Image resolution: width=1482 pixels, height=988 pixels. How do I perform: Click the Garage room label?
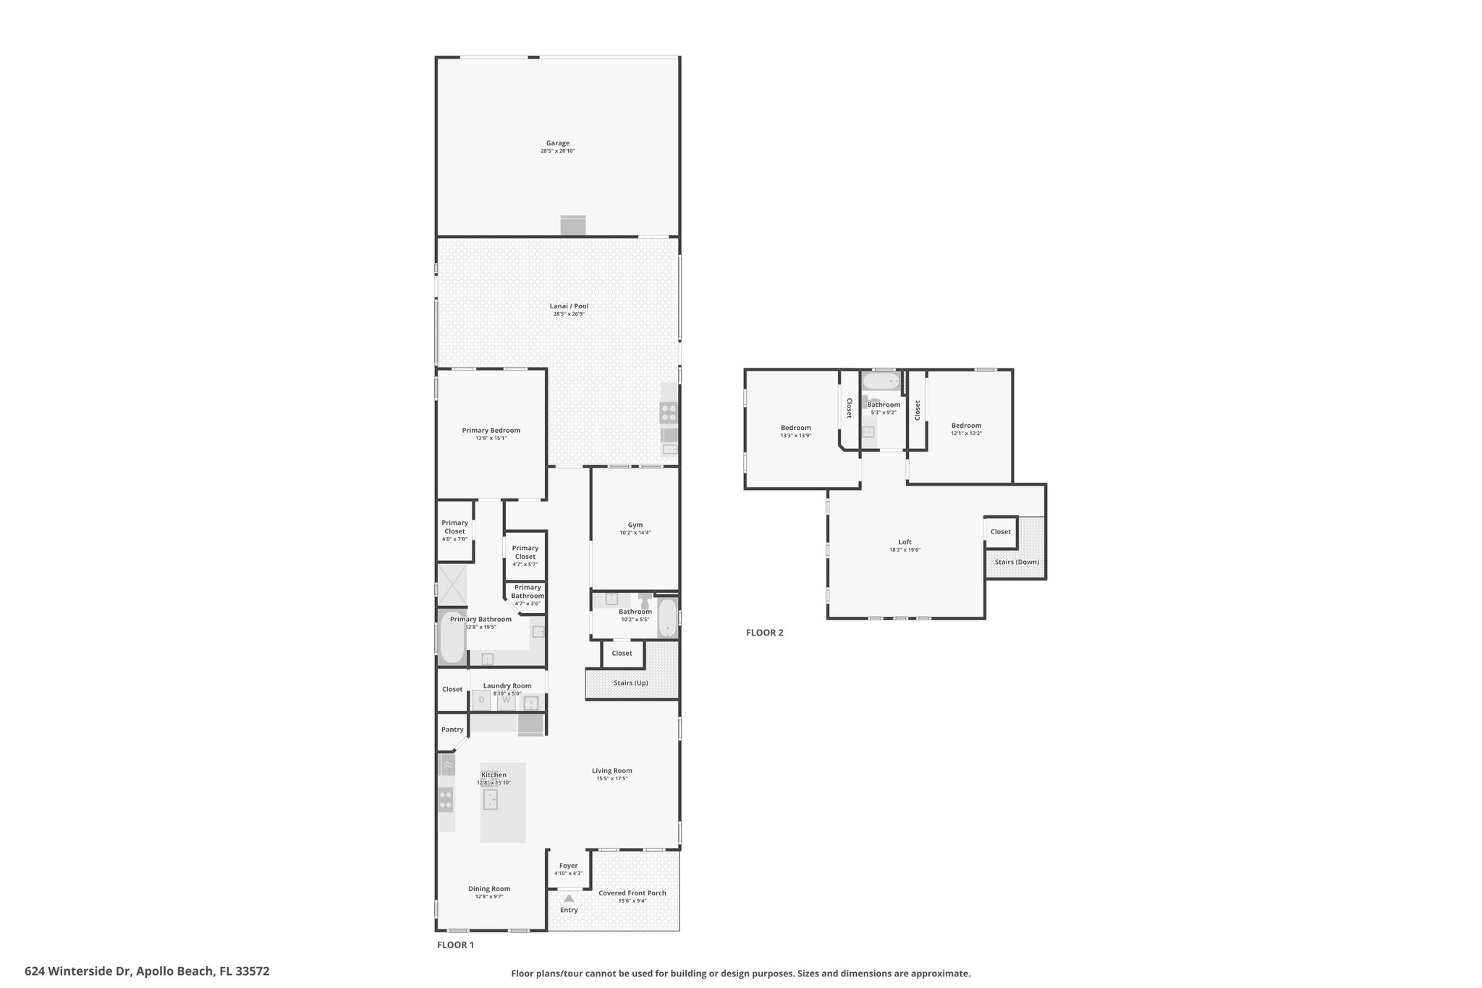pos(557,143)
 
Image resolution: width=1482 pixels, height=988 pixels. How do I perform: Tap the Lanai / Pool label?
pos(569,306)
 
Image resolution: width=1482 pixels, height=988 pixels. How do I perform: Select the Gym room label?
pos(635,525)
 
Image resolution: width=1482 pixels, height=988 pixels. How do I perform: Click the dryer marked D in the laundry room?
pos(481,700)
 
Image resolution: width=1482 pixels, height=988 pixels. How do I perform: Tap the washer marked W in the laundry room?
pos(507,700)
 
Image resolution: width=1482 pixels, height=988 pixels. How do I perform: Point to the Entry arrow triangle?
pos(569,898)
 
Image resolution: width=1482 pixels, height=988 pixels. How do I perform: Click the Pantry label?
pos(452,730)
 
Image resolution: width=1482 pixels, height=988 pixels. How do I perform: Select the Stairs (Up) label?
pos(630,683)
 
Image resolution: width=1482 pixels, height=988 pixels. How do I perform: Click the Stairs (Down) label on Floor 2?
pos(1016,562)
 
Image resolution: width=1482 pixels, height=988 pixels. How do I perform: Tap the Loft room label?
pos(905,542)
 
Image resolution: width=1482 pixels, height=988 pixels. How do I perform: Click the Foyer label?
pos(568,866)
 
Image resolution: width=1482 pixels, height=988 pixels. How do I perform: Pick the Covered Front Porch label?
pos(632,893)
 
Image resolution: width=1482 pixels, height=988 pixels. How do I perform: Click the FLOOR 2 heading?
pos(764,633)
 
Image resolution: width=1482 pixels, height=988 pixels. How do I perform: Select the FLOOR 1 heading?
pos(455,945)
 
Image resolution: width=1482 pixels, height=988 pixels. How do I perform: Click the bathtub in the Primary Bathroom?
pos(452,638)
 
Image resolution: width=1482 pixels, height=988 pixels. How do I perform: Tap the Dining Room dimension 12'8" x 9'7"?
pos(489,897)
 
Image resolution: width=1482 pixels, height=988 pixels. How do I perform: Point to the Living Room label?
pos(611,771)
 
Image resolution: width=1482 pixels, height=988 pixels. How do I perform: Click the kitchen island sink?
pos(491,800)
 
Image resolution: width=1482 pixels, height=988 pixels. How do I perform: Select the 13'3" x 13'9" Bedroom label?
pos(795,428)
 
